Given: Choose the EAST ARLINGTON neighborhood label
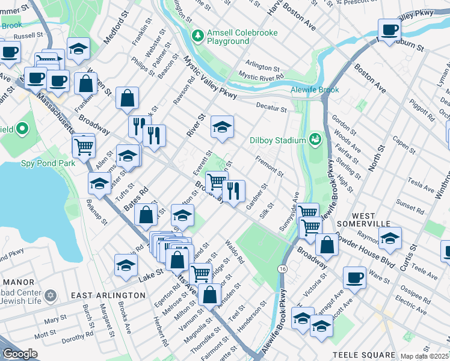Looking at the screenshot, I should click(108, 295).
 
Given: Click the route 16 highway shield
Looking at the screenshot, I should click(282, 269).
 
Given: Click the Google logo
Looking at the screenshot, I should click(19, 354).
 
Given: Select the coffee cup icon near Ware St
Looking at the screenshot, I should click(354, 277).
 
